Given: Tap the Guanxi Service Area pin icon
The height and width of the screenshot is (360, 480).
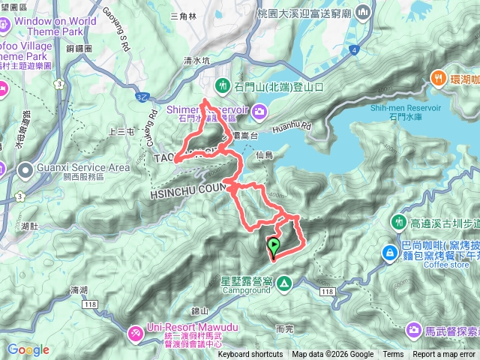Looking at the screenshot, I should click(x=25, y=172).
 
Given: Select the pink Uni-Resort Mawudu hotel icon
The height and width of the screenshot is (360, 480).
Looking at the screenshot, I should click(x=136, y=331).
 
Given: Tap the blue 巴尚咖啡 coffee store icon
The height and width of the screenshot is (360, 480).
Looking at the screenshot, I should click(x=390, y=253).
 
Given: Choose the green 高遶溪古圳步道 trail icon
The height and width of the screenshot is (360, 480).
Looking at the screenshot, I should click(x=397, y=221).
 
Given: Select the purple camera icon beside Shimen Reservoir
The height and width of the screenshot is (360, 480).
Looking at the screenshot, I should click(x=259, y=112).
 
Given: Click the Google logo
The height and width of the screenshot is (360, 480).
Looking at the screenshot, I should click(x=28, y=349).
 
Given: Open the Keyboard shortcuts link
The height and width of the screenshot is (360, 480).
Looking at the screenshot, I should click(x=250, y=355).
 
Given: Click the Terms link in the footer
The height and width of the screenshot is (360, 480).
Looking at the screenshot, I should click(x=392, y=355).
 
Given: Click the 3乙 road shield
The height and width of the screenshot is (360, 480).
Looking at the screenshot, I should click(x=142, y=97).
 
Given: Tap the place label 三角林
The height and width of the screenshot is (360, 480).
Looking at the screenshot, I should click(x=183, y=15).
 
